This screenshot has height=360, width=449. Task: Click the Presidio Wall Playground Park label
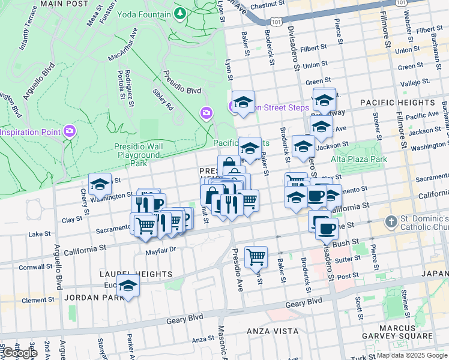139,154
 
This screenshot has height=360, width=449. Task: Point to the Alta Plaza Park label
359,159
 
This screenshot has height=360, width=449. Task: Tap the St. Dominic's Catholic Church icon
391,221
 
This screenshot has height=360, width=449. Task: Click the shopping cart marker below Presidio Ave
256,256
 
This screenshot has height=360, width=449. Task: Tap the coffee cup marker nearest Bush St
327,229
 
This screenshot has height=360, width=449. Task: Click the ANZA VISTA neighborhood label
273,331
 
